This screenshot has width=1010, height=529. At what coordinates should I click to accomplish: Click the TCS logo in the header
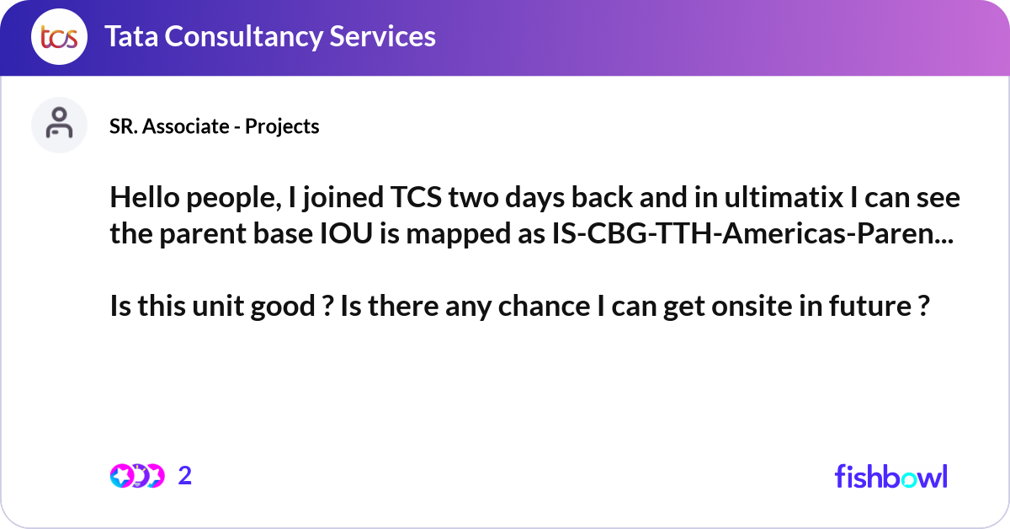coord(58,37)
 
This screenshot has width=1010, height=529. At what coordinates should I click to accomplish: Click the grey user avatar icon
coord(59,125)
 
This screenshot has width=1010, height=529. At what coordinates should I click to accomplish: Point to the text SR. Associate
coord(168,126)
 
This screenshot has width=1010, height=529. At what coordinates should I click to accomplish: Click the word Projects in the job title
coord(282,126)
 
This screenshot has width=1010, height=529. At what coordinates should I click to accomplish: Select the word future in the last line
coord(872,307)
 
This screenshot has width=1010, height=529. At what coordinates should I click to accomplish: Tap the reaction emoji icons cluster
coord(136,476)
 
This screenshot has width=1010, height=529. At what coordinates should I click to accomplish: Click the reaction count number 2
coord(185,476)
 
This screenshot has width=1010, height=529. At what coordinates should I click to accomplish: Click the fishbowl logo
coord(890,476)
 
